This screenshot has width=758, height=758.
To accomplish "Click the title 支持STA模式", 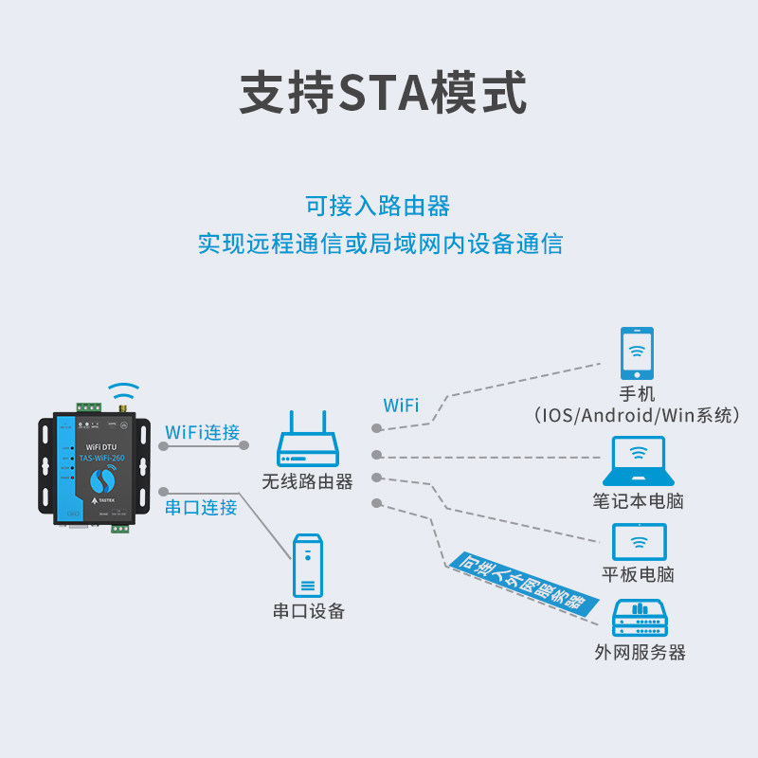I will coord(383,93).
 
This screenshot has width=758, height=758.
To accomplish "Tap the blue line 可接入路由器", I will coord(377,206).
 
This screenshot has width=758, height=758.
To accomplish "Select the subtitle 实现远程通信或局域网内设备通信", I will coord(380,244).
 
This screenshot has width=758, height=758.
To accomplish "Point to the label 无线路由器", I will coord(308,481).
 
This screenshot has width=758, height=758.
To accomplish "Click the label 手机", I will coord(637,394).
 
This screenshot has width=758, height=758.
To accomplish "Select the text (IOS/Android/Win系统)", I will coord(637,415).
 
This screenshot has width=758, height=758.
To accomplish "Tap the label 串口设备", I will coord(309,611).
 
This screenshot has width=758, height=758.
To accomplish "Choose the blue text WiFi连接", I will coord(202,432).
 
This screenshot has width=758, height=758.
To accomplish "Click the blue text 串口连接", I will coord(201,507).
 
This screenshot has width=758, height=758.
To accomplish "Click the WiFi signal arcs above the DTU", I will coord(123,390).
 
